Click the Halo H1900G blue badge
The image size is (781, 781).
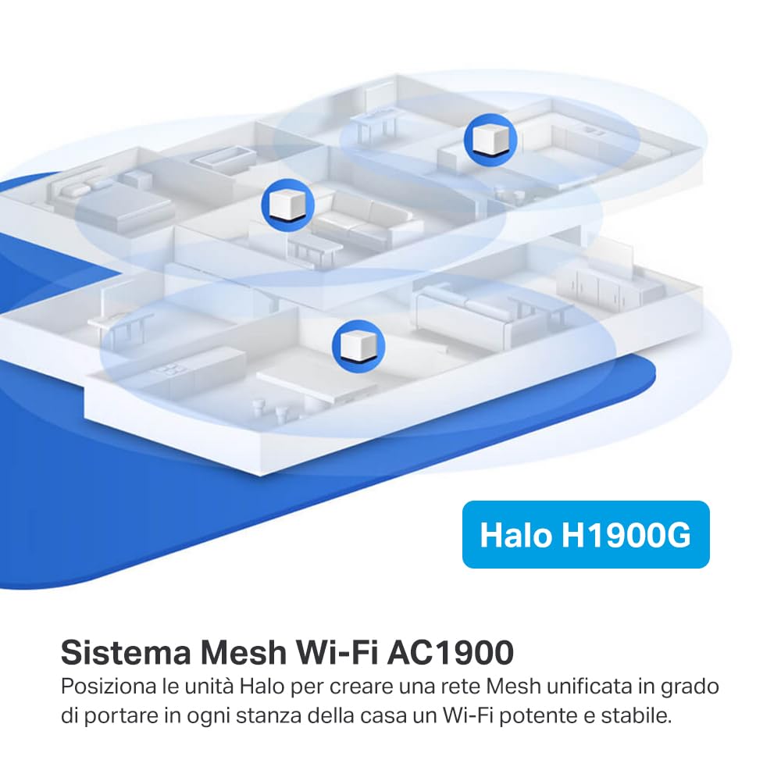pos(586,534)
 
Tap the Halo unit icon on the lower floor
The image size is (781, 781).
pos(358,346)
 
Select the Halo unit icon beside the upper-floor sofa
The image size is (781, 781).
pos(288,205)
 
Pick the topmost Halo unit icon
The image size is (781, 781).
pos(490,140)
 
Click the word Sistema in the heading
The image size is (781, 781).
pos(126,652)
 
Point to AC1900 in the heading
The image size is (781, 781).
pos(451,652)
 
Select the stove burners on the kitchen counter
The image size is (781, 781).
pos(173,369)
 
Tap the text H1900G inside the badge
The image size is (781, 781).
pos(626,534)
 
